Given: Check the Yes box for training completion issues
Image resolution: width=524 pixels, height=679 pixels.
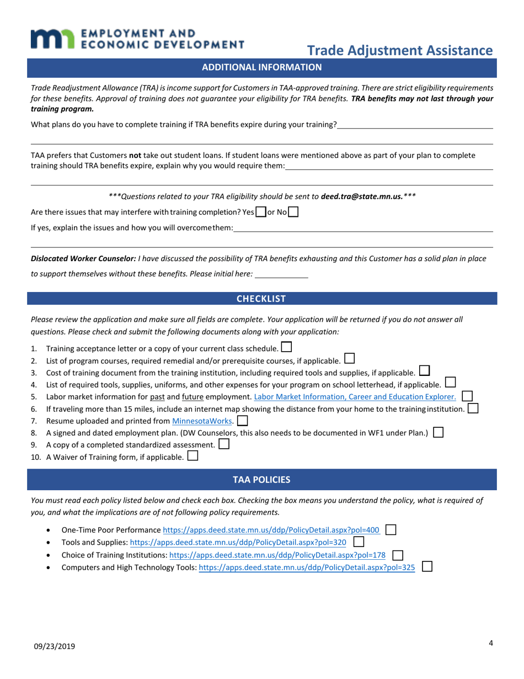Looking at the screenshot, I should click(261, 212).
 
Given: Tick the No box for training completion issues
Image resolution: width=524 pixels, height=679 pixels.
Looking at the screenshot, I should click(293, 212).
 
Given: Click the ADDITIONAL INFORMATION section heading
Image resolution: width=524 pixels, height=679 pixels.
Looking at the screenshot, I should click(262, 67).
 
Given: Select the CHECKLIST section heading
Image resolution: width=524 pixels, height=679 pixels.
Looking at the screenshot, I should click(261, 299).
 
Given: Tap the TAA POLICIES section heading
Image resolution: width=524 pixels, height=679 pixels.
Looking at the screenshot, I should click(261, 480).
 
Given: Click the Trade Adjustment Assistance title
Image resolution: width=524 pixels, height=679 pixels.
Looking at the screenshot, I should click(399, 50).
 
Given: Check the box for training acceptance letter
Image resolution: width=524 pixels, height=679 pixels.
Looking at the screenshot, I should click(286, 348).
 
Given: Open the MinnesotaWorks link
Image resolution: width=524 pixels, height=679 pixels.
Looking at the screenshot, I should click(202, 421).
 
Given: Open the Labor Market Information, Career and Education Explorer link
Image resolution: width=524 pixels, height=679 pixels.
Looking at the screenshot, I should click(355, 396).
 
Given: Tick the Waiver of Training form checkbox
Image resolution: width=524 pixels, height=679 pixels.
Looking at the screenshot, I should click(193, 457).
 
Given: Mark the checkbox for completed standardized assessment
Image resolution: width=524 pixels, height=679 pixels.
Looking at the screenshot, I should click(224, 444).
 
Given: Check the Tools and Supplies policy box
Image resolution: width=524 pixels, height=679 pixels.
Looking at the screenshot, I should click(358, 542).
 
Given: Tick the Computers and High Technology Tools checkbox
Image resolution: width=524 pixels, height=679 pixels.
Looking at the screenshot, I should click(426, 566).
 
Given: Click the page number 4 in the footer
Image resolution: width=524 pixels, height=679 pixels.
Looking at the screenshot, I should click(490, 643).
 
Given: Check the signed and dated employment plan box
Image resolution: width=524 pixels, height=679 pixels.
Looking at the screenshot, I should click(438, 433).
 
